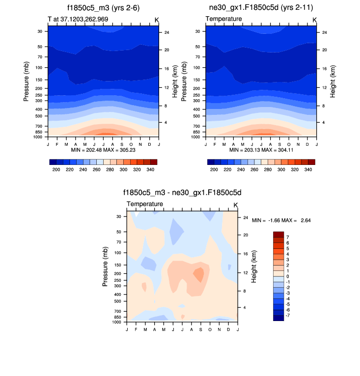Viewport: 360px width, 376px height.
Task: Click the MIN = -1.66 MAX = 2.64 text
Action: [x=281, y=220]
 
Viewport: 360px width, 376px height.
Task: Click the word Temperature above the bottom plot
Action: [x=144, y=204]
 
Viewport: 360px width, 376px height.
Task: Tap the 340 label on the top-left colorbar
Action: [x=152, y=169]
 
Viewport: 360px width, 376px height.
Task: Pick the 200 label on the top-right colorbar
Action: [x=214, y=169]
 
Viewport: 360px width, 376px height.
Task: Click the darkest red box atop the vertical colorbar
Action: [x=278, y=234]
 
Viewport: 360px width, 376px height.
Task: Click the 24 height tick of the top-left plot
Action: [x=166, y=32]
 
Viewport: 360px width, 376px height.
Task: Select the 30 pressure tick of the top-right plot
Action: [x=197, y=31]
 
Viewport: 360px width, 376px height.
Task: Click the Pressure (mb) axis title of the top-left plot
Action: [x=26, y=81]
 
